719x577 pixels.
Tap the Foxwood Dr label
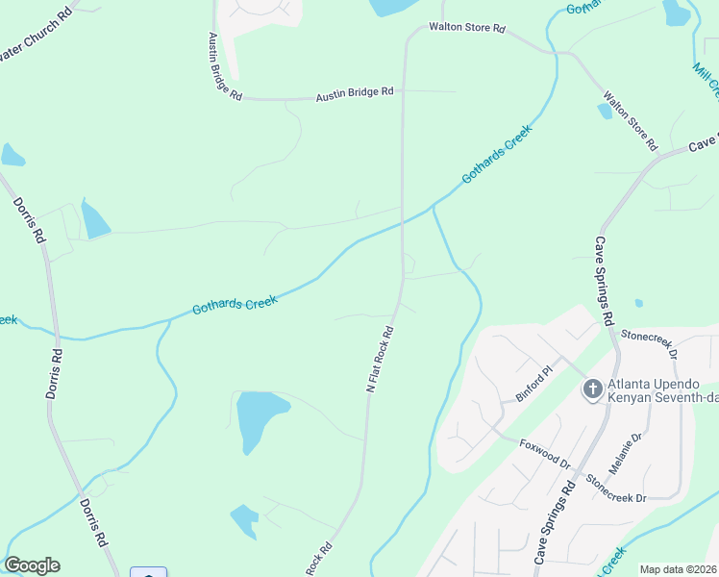pyautogui.click(x=545, y=455)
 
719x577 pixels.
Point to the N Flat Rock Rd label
pyautogui.click(x=381, y=357)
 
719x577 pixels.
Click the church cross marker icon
pyautogui.click(x=592, y=389)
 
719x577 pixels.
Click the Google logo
pyautogui.click(x=32, y=565)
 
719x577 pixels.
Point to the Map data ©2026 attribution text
pyautogui.click(x=679, y=569)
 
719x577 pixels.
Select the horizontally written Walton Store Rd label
pyautogui.click(x=467, y=29)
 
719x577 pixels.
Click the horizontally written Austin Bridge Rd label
pyautogui.click(x=355, y=91)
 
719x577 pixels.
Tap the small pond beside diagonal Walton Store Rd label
pyautogui.click(x=605, y=111)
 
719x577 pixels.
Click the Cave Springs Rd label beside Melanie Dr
pyautogui.click(x=556, y=523)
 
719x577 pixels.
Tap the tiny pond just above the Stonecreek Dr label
pyautogui.click(x=639, y=303)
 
